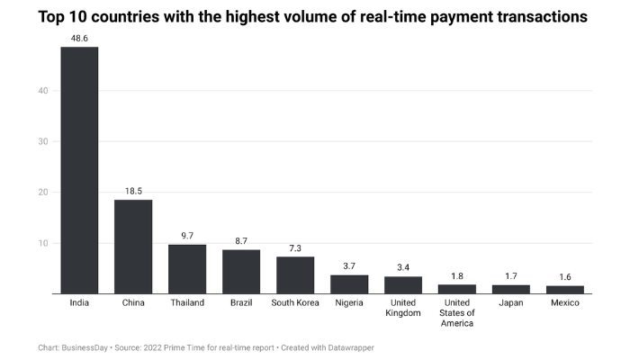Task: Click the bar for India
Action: click(79, 170)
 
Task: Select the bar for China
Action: click(133, 247)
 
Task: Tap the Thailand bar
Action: click(187, 269)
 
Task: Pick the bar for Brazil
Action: click(241, 272)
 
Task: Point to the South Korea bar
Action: click(295, 275)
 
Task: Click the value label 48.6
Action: click(79, 38)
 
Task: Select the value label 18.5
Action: click(133, 191)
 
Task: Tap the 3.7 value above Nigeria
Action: click(349, 266)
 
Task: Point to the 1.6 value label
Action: click(565, 277)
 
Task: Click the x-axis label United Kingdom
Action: click(403, 308)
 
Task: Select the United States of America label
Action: click(457, 313)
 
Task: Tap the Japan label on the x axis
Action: click(511, 303)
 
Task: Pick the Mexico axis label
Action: click(565, 303)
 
